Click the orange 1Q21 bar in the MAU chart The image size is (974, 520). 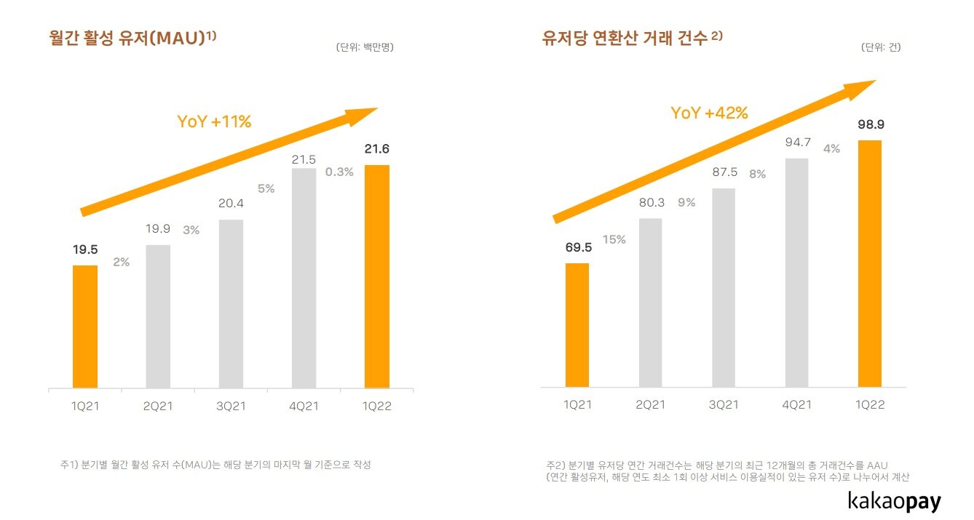pos(84,327)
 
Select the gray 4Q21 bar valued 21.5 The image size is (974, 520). pos(304,278)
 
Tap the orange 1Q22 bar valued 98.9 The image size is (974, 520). pos(869,263)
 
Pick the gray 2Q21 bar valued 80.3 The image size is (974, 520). pos(650,303)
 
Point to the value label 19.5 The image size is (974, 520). pos(84,249)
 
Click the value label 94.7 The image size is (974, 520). pos(796,142)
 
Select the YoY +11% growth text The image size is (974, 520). pos(214,122)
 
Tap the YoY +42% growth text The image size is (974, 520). pos(709,113)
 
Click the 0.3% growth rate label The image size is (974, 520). pos(339,172)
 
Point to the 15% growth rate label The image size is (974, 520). pos(614,239)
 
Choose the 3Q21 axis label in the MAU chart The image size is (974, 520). pos(231,407)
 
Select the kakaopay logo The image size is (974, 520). pos(894,502)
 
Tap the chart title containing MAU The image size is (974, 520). pos(132,38)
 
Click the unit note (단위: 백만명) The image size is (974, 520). pos(365,48)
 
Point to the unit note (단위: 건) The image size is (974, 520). pos(881,48)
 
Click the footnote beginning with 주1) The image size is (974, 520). pos(215,464)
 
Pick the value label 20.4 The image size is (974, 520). pos(231,204)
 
